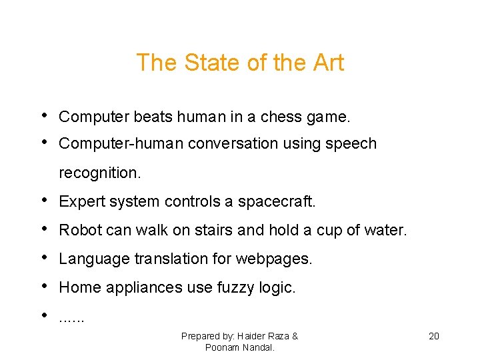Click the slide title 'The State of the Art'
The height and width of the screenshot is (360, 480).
tap(240, 63)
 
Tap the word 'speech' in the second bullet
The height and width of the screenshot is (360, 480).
tap(351, 144)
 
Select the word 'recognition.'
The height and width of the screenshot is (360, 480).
tap(100, 173)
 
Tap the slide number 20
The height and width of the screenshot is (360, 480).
tap(433, 336)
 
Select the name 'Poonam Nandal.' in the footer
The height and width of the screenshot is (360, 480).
tap(239, 347)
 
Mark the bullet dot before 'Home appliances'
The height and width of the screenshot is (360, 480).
tap(44, 286)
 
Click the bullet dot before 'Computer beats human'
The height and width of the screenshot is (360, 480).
tap(44, 115)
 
